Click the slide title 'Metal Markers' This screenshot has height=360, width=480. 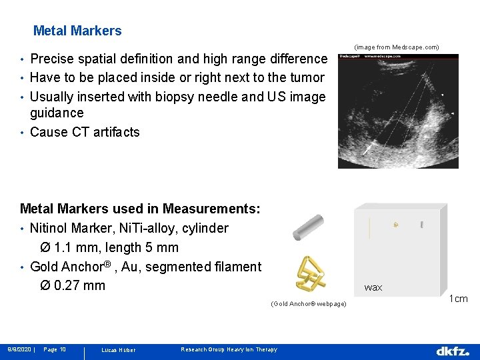coord(77,31)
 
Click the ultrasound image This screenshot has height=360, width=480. coord(398,110)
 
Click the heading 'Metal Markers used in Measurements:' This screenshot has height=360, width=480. coord(140,209)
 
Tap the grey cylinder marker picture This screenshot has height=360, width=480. coord(308,227)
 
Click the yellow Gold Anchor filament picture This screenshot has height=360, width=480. coord(310,273)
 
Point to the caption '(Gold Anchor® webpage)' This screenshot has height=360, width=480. coord(309,304)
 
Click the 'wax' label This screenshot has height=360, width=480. coord(373,287)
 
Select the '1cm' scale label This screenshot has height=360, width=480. coord(459,299)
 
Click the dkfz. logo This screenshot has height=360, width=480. coord(453,350)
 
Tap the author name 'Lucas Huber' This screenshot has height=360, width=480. coord(118,350)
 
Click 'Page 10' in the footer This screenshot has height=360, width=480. coord(54,349)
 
